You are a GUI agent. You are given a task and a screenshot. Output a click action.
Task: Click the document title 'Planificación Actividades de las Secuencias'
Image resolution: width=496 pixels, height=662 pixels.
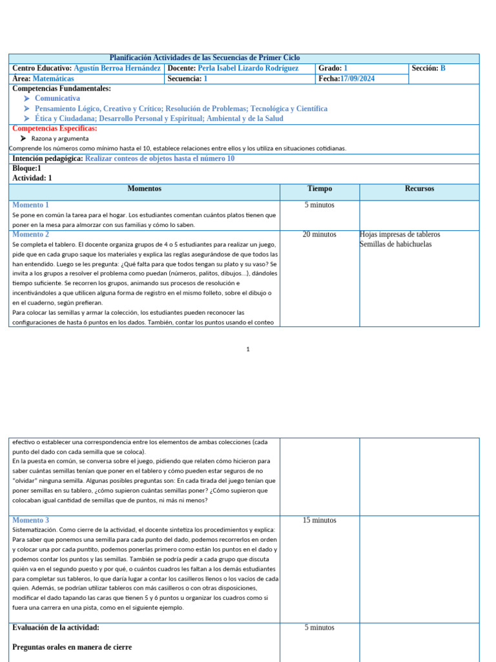[204, 58]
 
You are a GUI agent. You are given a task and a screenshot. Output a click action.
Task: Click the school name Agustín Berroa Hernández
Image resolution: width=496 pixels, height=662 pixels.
[118, 69]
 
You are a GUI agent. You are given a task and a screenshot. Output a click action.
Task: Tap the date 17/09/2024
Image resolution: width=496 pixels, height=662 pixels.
[356, 79]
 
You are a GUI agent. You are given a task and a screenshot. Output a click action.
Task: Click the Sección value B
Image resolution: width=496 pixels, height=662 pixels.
[443, 69]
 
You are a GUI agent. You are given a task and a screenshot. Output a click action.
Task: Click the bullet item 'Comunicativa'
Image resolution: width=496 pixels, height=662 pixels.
[57, 98]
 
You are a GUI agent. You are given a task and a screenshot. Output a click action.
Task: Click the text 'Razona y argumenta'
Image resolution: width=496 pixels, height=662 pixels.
[60, 138]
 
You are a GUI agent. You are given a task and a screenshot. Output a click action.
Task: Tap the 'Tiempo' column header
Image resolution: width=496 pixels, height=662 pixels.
[320, 189]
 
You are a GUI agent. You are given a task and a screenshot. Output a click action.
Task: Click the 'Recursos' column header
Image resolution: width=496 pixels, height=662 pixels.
[419, 189]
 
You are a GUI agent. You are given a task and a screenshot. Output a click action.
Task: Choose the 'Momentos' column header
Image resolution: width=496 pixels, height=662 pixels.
[144, 189]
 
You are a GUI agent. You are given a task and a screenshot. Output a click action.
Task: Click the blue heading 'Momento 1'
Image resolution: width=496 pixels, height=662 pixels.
[30, 205]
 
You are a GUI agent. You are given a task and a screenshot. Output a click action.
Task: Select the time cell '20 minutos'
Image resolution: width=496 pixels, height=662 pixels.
[319, 235]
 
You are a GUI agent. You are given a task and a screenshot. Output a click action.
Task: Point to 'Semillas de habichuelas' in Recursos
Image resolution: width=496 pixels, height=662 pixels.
[395, 244]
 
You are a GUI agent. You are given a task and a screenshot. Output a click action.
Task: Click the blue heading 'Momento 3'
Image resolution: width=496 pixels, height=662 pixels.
[30, 520]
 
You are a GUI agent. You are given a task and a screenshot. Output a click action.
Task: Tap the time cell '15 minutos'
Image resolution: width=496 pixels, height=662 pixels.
[319, 520]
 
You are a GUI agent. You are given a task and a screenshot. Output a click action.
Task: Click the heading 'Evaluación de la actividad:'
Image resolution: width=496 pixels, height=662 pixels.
[56, 628]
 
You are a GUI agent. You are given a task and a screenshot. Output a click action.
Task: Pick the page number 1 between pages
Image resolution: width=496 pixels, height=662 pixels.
[247, 350]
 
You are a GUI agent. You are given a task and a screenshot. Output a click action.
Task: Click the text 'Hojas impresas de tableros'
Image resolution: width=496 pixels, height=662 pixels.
[400, 235]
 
